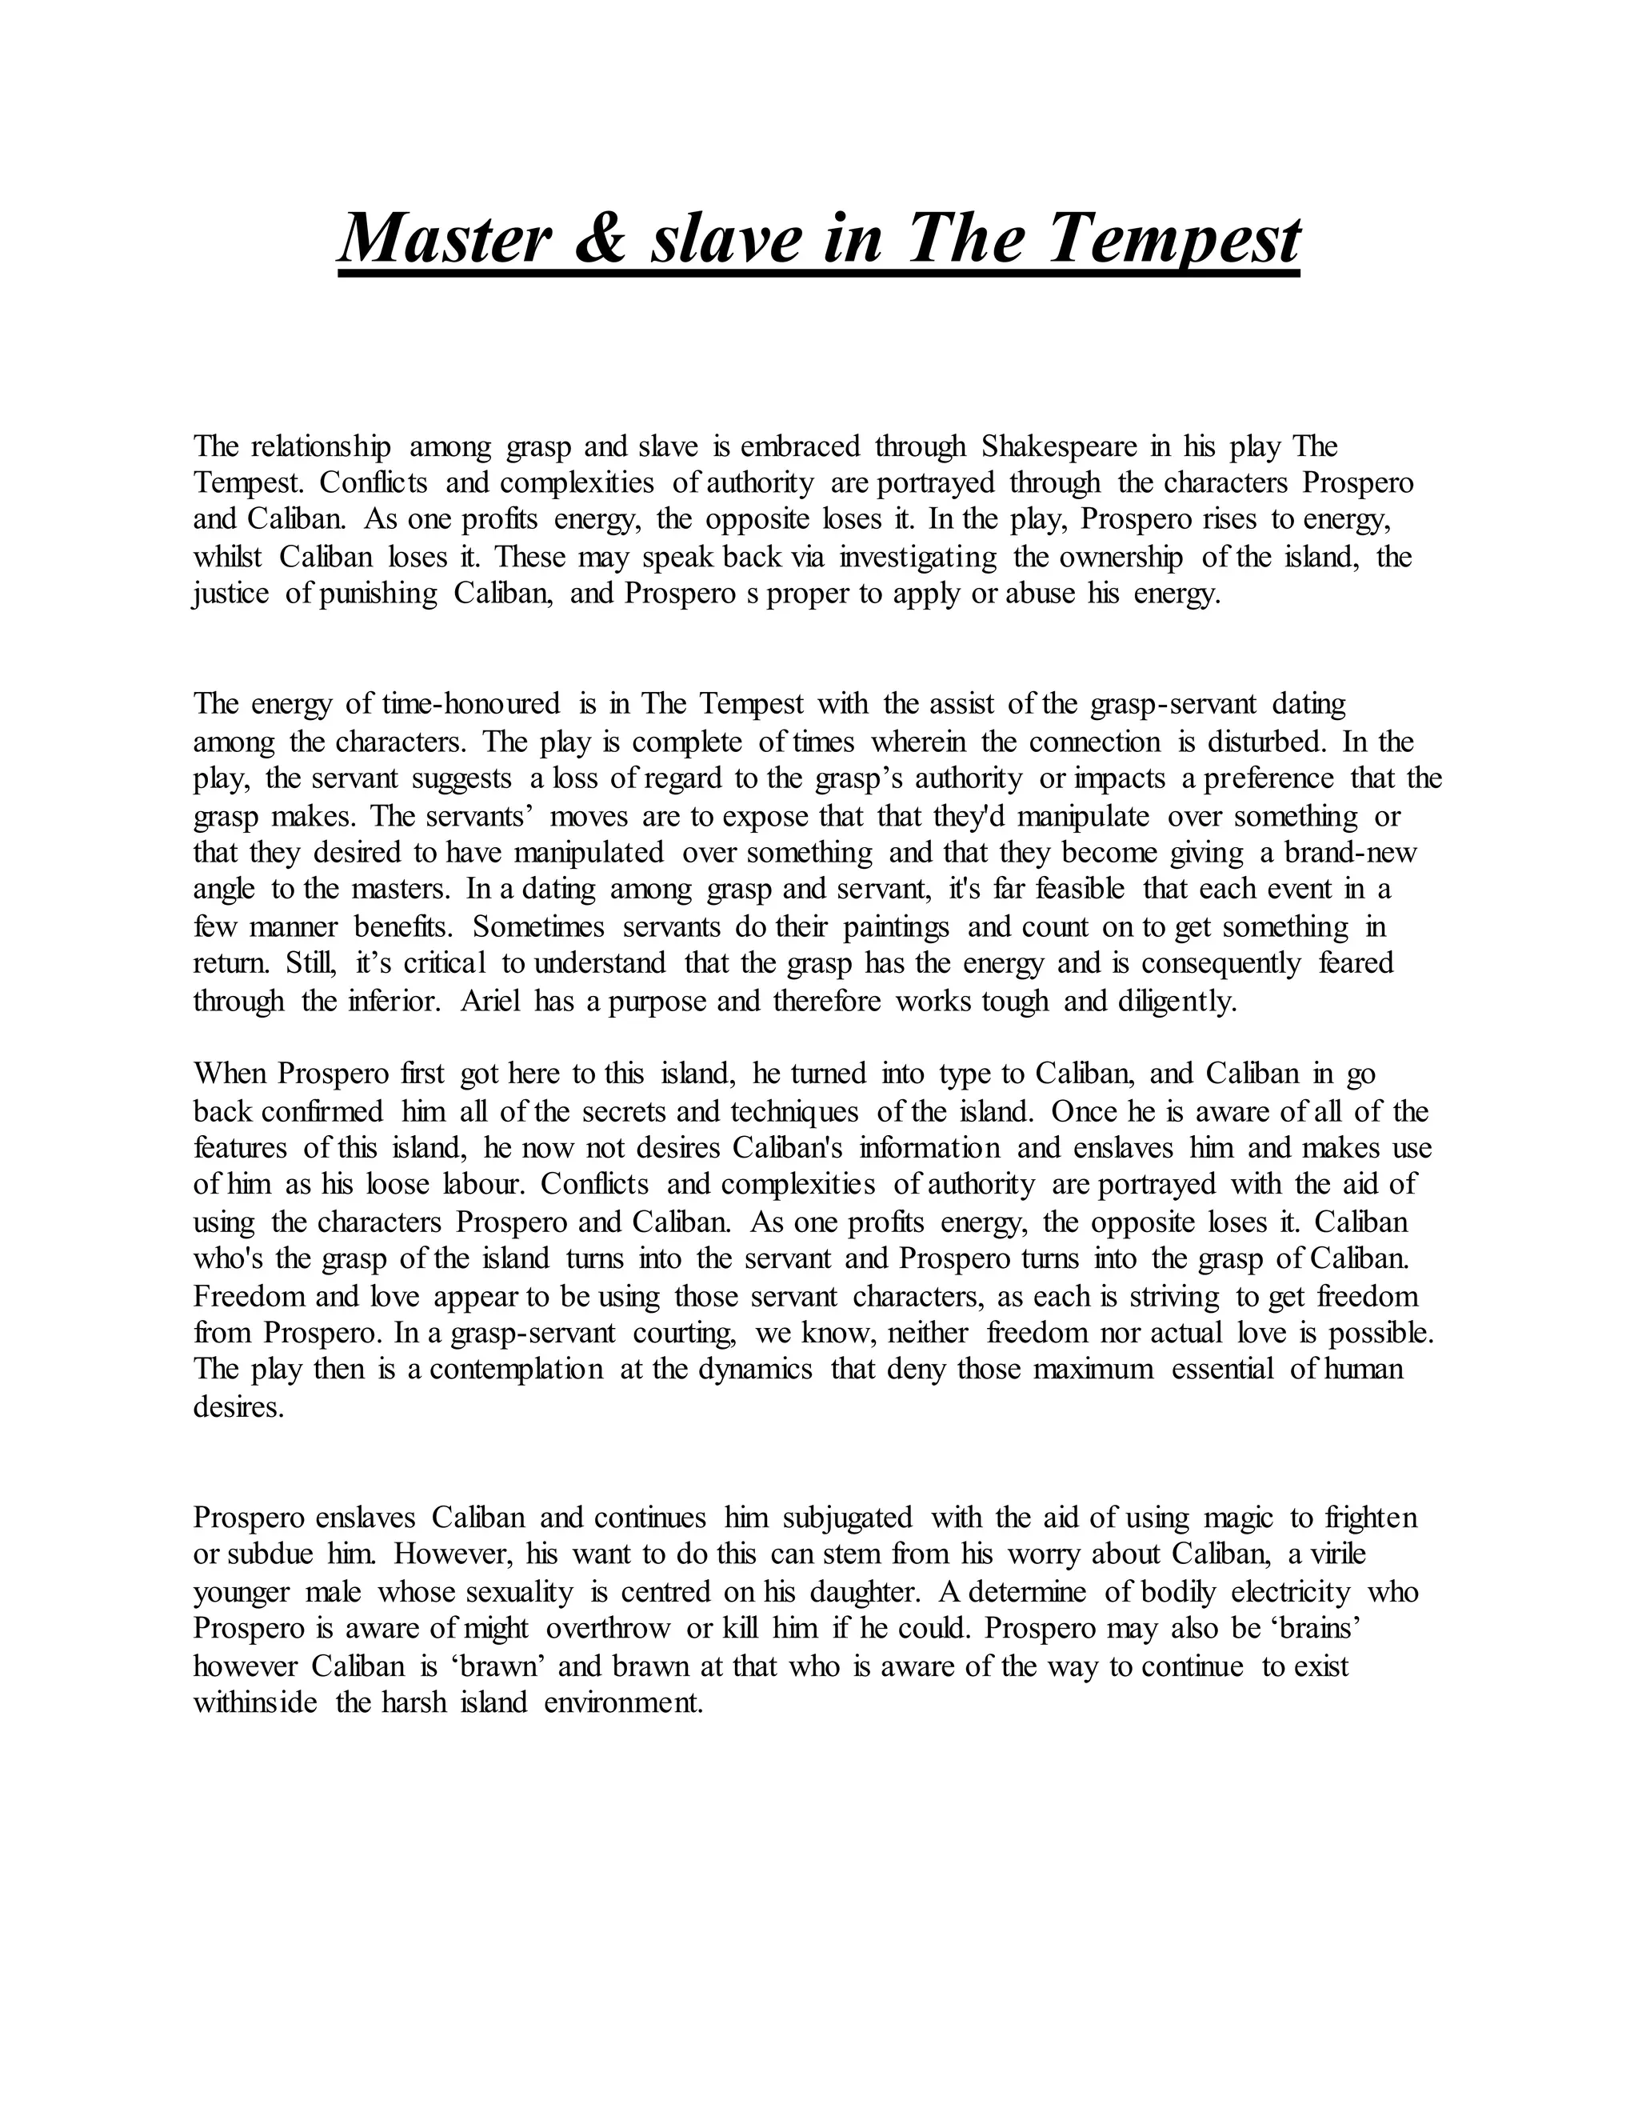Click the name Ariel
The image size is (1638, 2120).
point(491,1001)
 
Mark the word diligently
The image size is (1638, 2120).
point(1179,1001)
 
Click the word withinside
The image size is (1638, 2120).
point(255,1702)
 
